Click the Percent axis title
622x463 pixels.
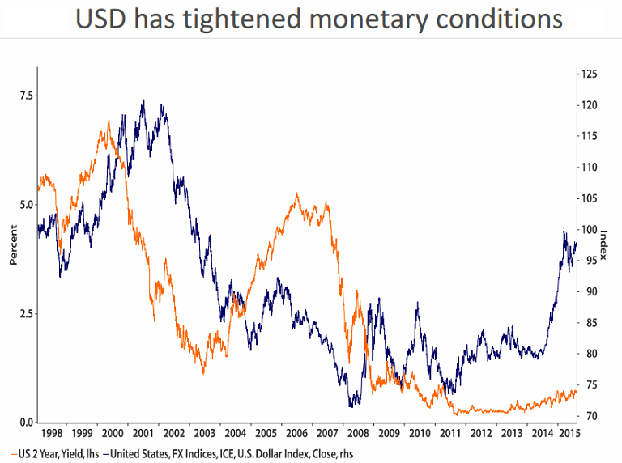point(12,248)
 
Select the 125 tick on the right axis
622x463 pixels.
point(589,74)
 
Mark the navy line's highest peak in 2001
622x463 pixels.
point(143,100)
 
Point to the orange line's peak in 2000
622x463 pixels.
point(109,121)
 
